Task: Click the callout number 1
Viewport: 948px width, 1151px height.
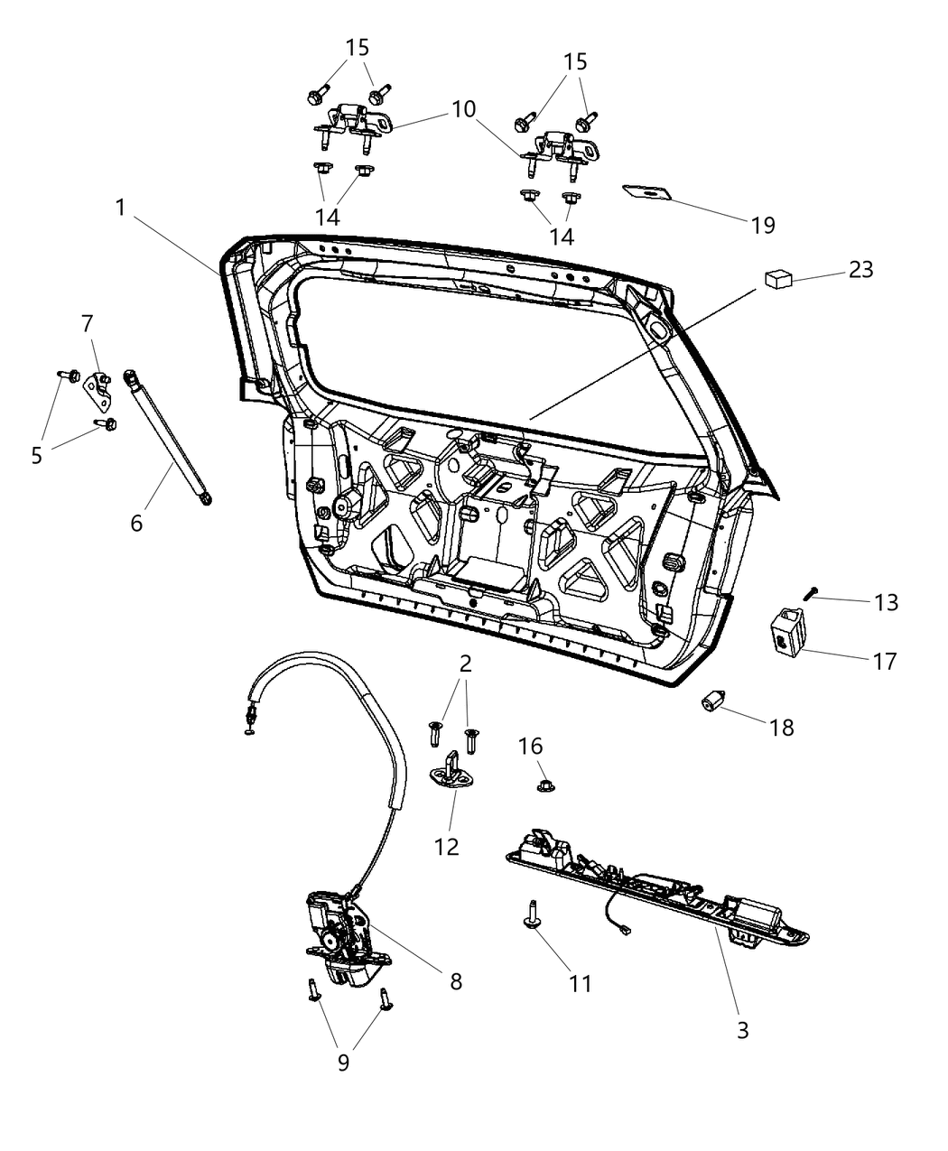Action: [x=120, y=208]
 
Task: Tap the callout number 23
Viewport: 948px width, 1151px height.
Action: [x=860, y=269]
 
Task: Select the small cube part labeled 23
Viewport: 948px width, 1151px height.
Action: [x=778, y=279]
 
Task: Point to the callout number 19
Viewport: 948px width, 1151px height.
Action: [x=763, y=225]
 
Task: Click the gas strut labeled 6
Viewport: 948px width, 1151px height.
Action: [x=170, y=433]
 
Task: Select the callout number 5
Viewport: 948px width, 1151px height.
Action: [x=36, y=455]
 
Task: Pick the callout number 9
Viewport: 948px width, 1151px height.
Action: [x=343, y=1063]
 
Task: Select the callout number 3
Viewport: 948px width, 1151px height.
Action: [x=742, y=1029]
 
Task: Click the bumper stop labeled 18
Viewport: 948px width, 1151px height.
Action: [x=715, y=701]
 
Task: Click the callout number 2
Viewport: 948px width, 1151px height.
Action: [x=466, y=664]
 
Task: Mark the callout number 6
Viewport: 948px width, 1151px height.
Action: [x=136, y=522]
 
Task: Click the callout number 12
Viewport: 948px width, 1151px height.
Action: [x=447, y=846]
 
